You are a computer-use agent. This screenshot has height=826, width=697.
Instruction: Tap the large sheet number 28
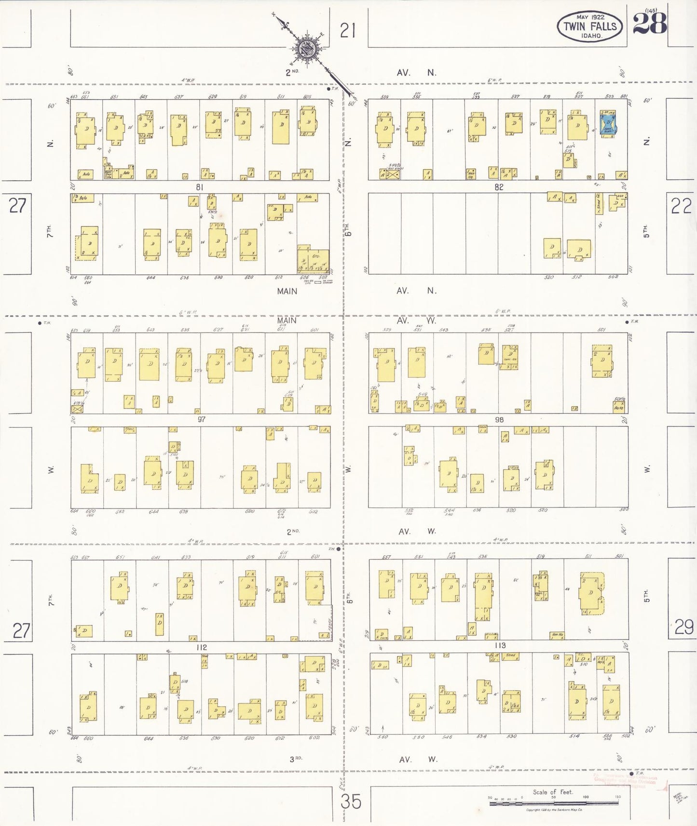(x=650, y=24)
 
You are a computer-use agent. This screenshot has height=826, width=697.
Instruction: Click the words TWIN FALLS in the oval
(x=590, y=27)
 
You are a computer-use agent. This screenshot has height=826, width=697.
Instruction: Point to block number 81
(x=200, y=187)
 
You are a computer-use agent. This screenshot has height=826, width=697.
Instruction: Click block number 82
(x=499, y=187)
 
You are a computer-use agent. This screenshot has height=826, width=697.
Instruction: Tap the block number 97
(x=202, y=419)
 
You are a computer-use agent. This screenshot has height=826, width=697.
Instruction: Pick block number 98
(x=499, y=420)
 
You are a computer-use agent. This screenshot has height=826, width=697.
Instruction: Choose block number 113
(x=500, y=645)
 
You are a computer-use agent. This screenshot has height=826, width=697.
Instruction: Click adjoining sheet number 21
(x=347, y=31)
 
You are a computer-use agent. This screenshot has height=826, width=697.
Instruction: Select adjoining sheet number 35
(x=350, y=802)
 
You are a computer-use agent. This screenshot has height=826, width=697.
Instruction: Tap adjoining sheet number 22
(x=681, y=206)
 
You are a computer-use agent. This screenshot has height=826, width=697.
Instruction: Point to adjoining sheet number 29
(x=683, y=627)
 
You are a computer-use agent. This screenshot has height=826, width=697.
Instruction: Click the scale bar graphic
(x=554, y=803)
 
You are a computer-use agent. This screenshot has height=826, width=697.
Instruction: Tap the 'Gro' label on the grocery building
(x=316, y=256)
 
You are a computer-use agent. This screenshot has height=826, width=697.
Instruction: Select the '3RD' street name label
(x=295, y=759)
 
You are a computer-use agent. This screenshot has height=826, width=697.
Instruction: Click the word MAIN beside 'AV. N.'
(x=287, y=291)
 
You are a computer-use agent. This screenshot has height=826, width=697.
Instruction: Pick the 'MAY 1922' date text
(x=590, y=17)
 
